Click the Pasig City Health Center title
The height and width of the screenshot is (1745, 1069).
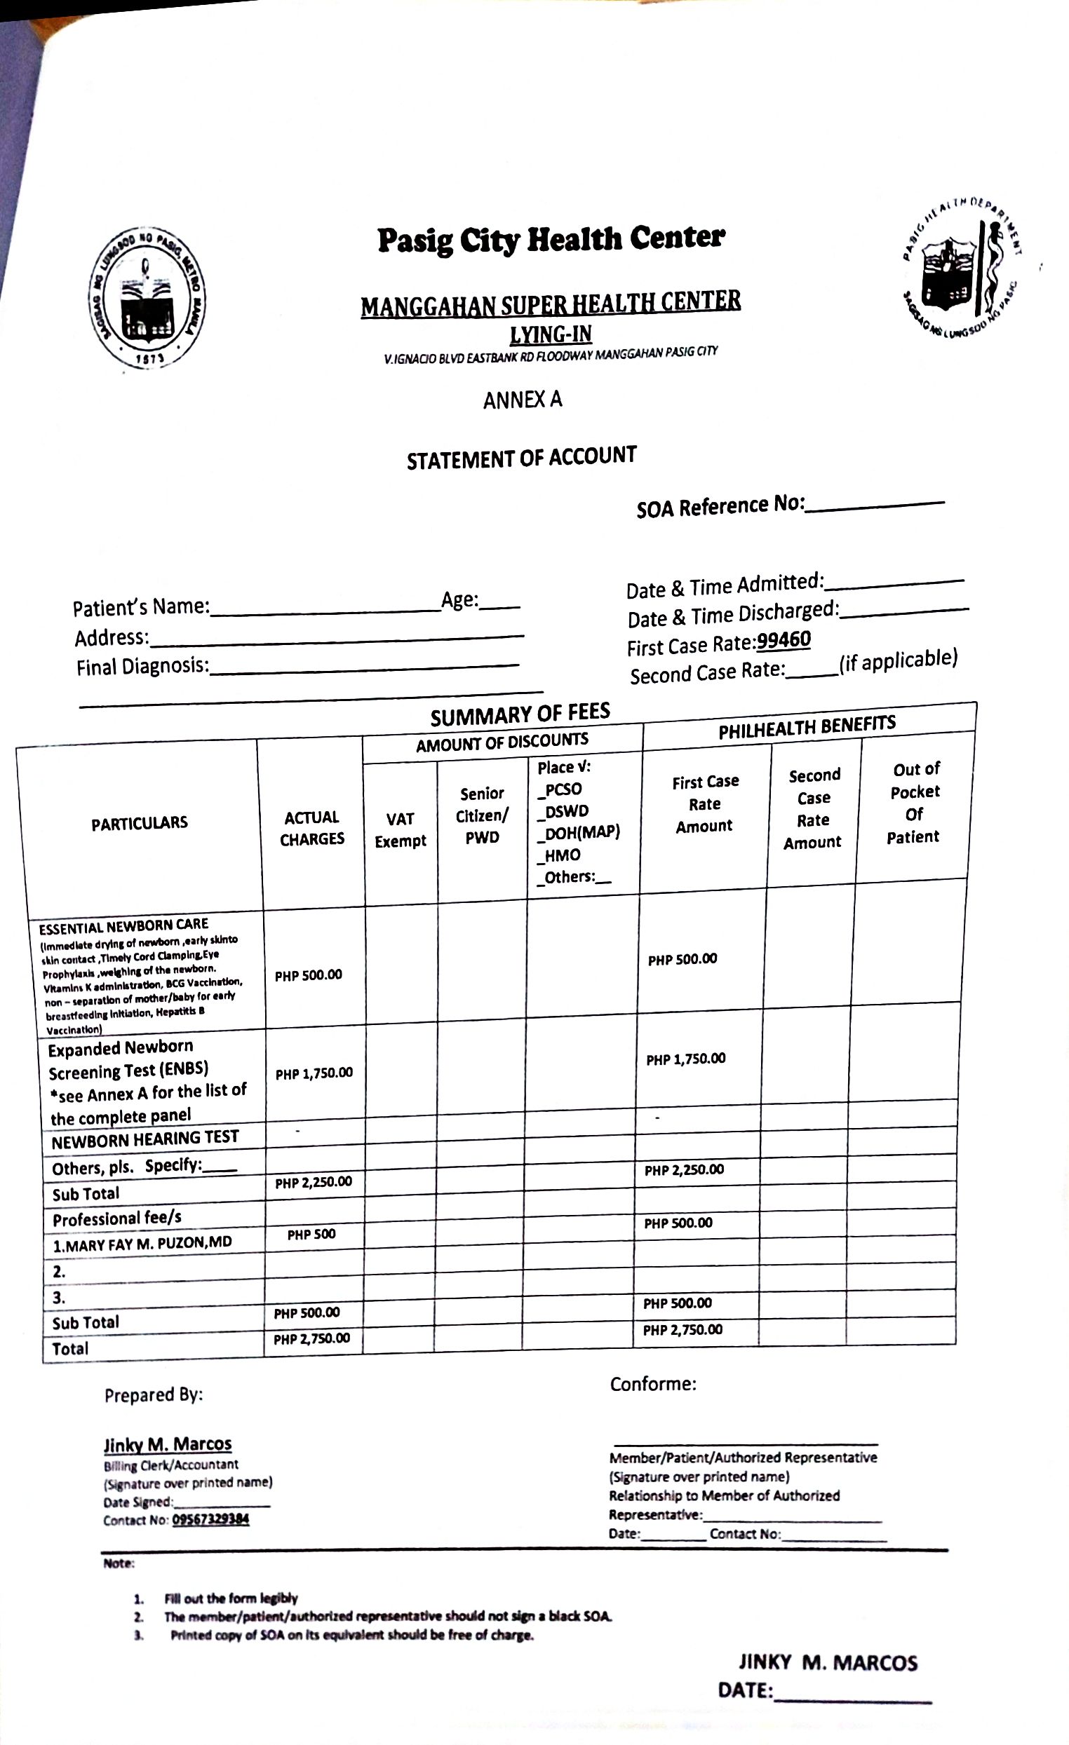551,239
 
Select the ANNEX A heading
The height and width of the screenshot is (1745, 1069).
522,400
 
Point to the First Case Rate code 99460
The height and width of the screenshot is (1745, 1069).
784,640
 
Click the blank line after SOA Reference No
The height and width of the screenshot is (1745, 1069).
875,505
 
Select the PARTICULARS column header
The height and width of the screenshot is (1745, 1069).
140,823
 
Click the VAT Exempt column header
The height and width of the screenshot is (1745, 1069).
401,830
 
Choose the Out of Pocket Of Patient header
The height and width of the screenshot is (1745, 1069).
915,802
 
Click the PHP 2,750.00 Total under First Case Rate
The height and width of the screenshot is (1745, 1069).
683,1330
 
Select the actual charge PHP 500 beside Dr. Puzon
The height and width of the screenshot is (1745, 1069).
311,1235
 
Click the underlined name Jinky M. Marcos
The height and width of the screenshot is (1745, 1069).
168,1444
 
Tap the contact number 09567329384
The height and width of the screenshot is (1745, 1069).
210,1519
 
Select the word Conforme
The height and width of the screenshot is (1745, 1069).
652,1384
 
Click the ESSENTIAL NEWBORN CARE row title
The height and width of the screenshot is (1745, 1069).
123,925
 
